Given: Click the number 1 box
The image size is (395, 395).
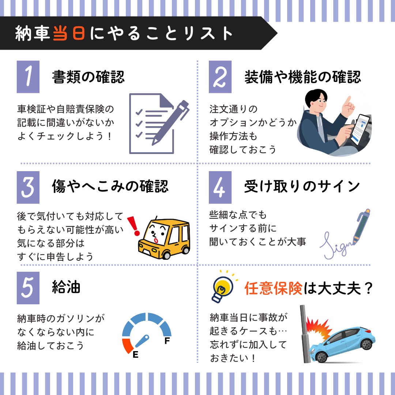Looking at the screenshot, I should click(28, 76).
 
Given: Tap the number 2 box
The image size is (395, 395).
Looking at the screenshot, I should click(220, 76).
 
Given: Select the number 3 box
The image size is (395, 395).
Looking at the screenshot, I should click(28, 187).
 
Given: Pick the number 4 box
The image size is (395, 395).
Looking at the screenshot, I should click(220, 187).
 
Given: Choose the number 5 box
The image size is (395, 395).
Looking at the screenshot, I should click(28, 287).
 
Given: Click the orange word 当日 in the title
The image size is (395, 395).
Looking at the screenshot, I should click(69, 34).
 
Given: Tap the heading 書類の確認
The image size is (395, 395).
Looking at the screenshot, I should click(88, 77).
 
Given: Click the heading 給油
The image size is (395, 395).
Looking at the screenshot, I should click(66, 287).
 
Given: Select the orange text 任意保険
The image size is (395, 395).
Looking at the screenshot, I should click(273, 288).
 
